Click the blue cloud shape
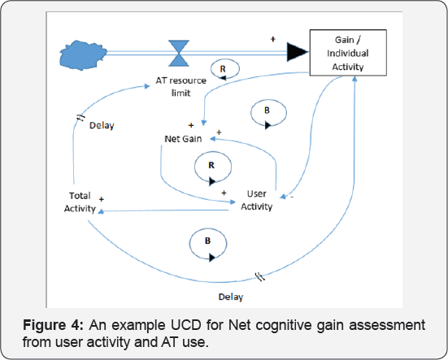[x=83, y=55]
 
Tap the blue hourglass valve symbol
[x=179, y=54]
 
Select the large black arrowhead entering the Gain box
[x=298, y=52]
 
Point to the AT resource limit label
[x=181, y=86]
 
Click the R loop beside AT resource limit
[x=225, y=69]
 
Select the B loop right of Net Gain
[x=268, y=114]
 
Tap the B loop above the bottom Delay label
[x=208, y=245]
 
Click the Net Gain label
[x=183, y=139]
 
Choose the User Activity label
[x=257, y=200]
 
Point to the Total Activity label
[x=80, y=202]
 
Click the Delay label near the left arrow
[x=102, y=126]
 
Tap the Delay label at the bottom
[x=231, y=297]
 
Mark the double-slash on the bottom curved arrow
[x=259, y=276]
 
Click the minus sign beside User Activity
[x=292, y=197]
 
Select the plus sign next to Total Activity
[x=101, y=199]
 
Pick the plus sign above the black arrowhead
[x=273, y=39]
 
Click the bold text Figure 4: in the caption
[x=53, y=325]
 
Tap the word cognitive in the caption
[x=284, y=326]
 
